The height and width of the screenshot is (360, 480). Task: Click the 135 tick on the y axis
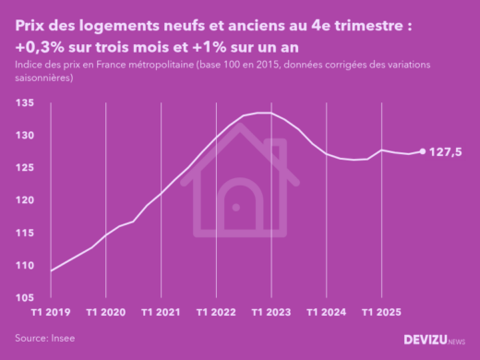point(26,103)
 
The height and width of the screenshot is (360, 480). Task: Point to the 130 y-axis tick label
point(26,136)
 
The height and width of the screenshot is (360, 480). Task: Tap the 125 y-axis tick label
point(26,168)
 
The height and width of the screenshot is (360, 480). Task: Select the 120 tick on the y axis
point(26,200)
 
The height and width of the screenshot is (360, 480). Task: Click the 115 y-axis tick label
point(26,233)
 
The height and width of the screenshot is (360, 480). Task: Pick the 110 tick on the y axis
point(26,266)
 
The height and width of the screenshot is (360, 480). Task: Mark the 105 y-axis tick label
point(26,298)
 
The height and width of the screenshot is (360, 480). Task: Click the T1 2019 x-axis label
point(52,312)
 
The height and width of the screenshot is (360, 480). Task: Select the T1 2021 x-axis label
point(162,312)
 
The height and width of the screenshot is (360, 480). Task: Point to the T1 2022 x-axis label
point(216,312)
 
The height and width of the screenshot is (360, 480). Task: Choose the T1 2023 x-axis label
point(271,312)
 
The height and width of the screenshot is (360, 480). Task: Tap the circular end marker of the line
point(423,151)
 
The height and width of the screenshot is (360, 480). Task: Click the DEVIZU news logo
point(434,340)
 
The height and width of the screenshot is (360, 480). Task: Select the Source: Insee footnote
point(45,339)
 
